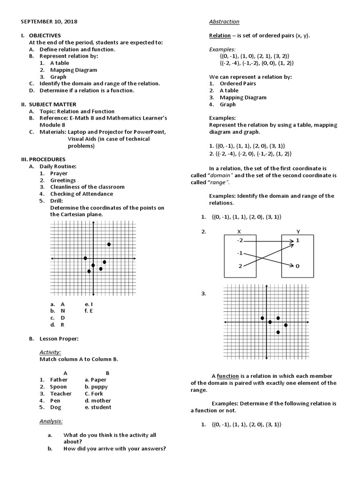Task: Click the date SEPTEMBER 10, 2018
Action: pyautogui.click(x=49, y=22)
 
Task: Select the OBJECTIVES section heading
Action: pyautogui.click(x=45, y=35)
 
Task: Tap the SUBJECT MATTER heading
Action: pyautogui.click(x=52, y=104)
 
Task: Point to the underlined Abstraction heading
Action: pyautogui.click(x=224, y=22)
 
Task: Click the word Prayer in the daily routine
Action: pyautogui.click(x=59, y=173)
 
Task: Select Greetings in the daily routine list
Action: pyautogui.click(x=63, y=180)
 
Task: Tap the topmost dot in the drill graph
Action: pyautogui.click(x=109, y=244)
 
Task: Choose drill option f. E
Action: pyautogui.click(x=89, y=310)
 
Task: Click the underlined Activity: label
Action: pyautogui.click(x=50, y=352)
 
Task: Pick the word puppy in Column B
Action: pyautogui.click(x=100, y=387)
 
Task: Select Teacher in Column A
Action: pyautogui.click(x=61, y=394)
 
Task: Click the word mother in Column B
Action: pyautogui.click(x=101, y=401)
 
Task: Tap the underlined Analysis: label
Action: pyautogui.click(x=51, y=421)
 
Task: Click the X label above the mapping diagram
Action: pyautogui.click(x=239, y=232)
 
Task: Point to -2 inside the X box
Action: pyautogui.click(x=240, y=240)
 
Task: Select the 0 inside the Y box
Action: pyautogui.click(x=297, y=266)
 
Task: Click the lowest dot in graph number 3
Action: pyautogui.click(x=278, y=332)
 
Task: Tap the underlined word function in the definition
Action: pyautogui.click(x=228, y=376)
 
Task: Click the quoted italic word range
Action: pyautogui.click(x=220, y=182)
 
